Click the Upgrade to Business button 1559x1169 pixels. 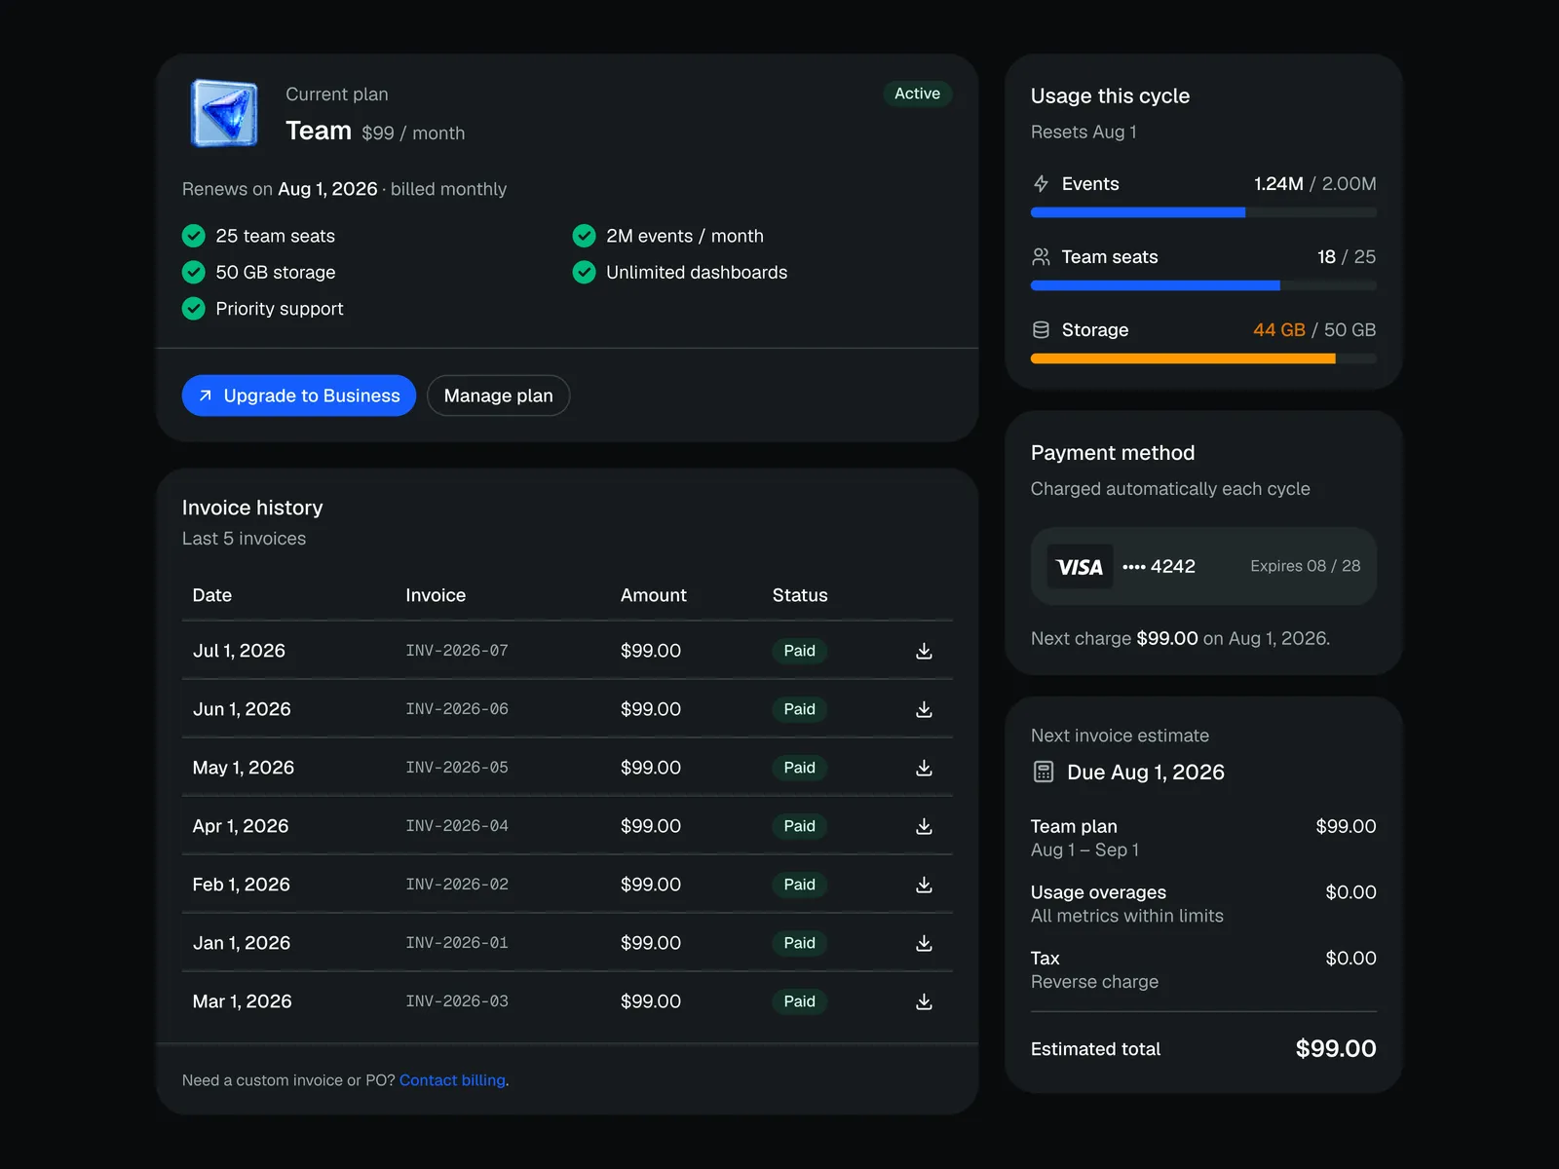pos(298,396)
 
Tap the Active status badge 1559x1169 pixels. pos(917,94)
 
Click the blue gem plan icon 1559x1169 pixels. pos(224,114)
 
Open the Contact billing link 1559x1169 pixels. pos(452,1079)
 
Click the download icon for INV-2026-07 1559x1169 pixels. pos(924,651)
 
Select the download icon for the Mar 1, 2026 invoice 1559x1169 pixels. pos(924,1001)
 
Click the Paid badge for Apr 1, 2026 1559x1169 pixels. pos(799,826)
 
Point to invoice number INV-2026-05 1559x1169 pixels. pos(457,768)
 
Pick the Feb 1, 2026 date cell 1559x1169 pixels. pos(241,885)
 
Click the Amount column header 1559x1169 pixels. pos(654,595)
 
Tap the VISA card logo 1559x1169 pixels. pos(1080,566)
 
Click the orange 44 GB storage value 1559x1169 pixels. pos(1278,330)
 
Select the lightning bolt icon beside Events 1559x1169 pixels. pos(1041,184)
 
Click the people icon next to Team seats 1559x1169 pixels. pos(1041,257)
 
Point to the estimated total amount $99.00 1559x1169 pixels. pos(1335,1048)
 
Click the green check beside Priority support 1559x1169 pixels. pos(193,309)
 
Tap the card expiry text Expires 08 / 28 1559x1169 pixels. pos(1305,566)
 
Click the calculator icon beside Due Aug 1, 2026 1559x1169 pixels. pos(1043,772)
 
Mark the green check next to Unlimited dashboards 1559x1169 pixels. pos(584,272)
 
